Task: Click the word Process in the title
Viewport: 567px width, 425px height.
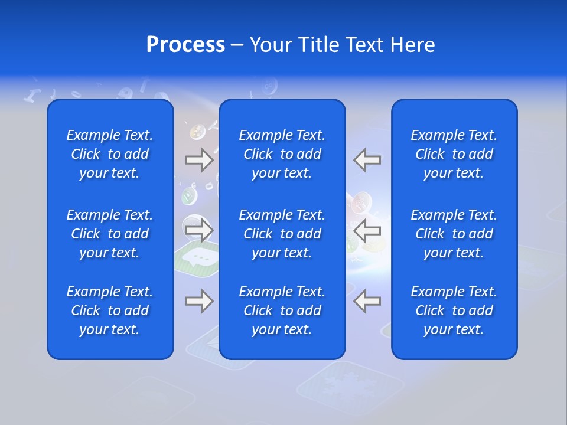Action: [185, 45]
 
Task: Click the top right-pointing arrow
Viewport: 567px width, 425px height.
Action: [199, 160]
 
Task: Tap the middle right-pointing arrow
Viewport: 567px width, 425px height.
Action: [199, 230]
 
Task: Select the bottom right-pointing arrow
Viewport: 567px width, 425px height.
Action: [199, 301]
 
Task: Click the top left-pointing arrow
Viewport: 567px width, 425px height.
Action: [367, 160]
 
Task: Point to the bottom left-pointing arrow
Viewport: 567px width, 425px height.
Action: [367, 301]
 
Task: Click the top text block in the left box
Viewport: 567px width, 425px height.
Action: [110, 154]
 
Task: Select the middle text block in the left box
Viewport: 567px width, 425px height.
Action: [110, 234]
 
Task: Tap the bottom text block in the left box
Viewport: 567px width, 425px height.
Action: [110, 310]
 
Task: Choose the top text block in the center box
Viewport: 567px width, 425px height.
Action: [282, 154]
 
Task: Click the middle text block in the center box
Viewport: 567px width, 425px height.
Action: [282, 234]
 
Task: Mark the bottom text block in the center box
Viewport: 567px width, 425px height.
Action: [282, 310]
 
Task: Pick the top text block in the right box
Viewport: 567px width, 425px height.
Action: [454, 154]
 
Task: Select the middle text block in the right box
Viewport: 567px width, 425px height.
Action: [454, 234]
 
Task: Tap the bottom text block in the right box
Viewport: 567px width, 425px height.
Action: [454, 310]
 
